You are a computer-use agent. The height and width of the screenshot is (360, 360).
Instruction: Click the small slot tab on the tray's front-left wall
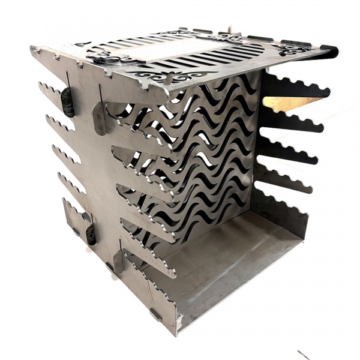click(x=154, y=313)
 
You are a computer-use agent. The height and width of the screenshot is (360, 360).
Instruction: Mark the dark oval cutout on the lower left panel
click(x=91, y=234)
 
